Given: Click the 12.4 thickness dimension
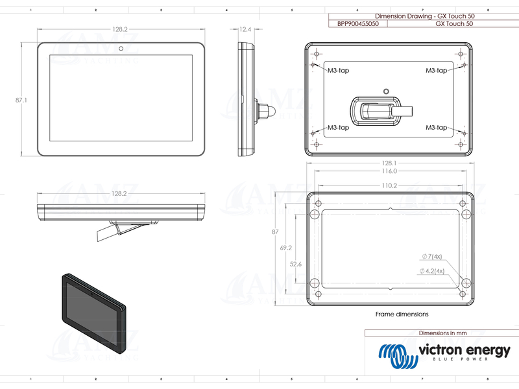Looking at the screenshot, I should [245, 29].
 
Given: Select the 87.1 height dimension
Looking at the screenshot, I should [21, 100].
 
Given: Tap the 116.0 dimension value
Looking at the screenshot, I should [389, 171].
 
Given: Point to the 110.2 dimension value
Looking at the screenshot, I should [389, 185].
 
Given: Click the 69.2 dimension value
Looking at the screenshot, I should [286, 248].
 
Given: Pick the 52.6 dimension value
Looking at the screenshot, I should [296, 264].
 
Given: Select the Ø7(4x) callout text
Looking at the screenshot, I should [431, 257].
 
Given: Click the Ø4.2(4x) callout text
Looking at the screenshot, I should [431, 270].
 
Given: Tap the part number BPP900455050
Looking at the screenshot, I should [357, 23].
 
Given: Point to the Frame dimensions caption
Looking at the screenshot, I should [402, 314].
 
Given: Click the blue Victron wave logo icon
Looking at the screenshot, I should [396, 353].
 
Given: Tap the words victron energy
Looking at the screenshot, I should [464, 351].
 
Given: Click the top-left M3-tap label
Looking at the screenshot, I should [338, 70].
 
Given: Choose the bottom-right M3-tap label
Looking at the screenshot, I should [437, 128].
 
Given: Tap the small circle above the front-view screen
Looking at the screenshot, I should [121, 48].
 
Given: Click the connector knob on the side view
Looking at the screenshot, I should [266, 110].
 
